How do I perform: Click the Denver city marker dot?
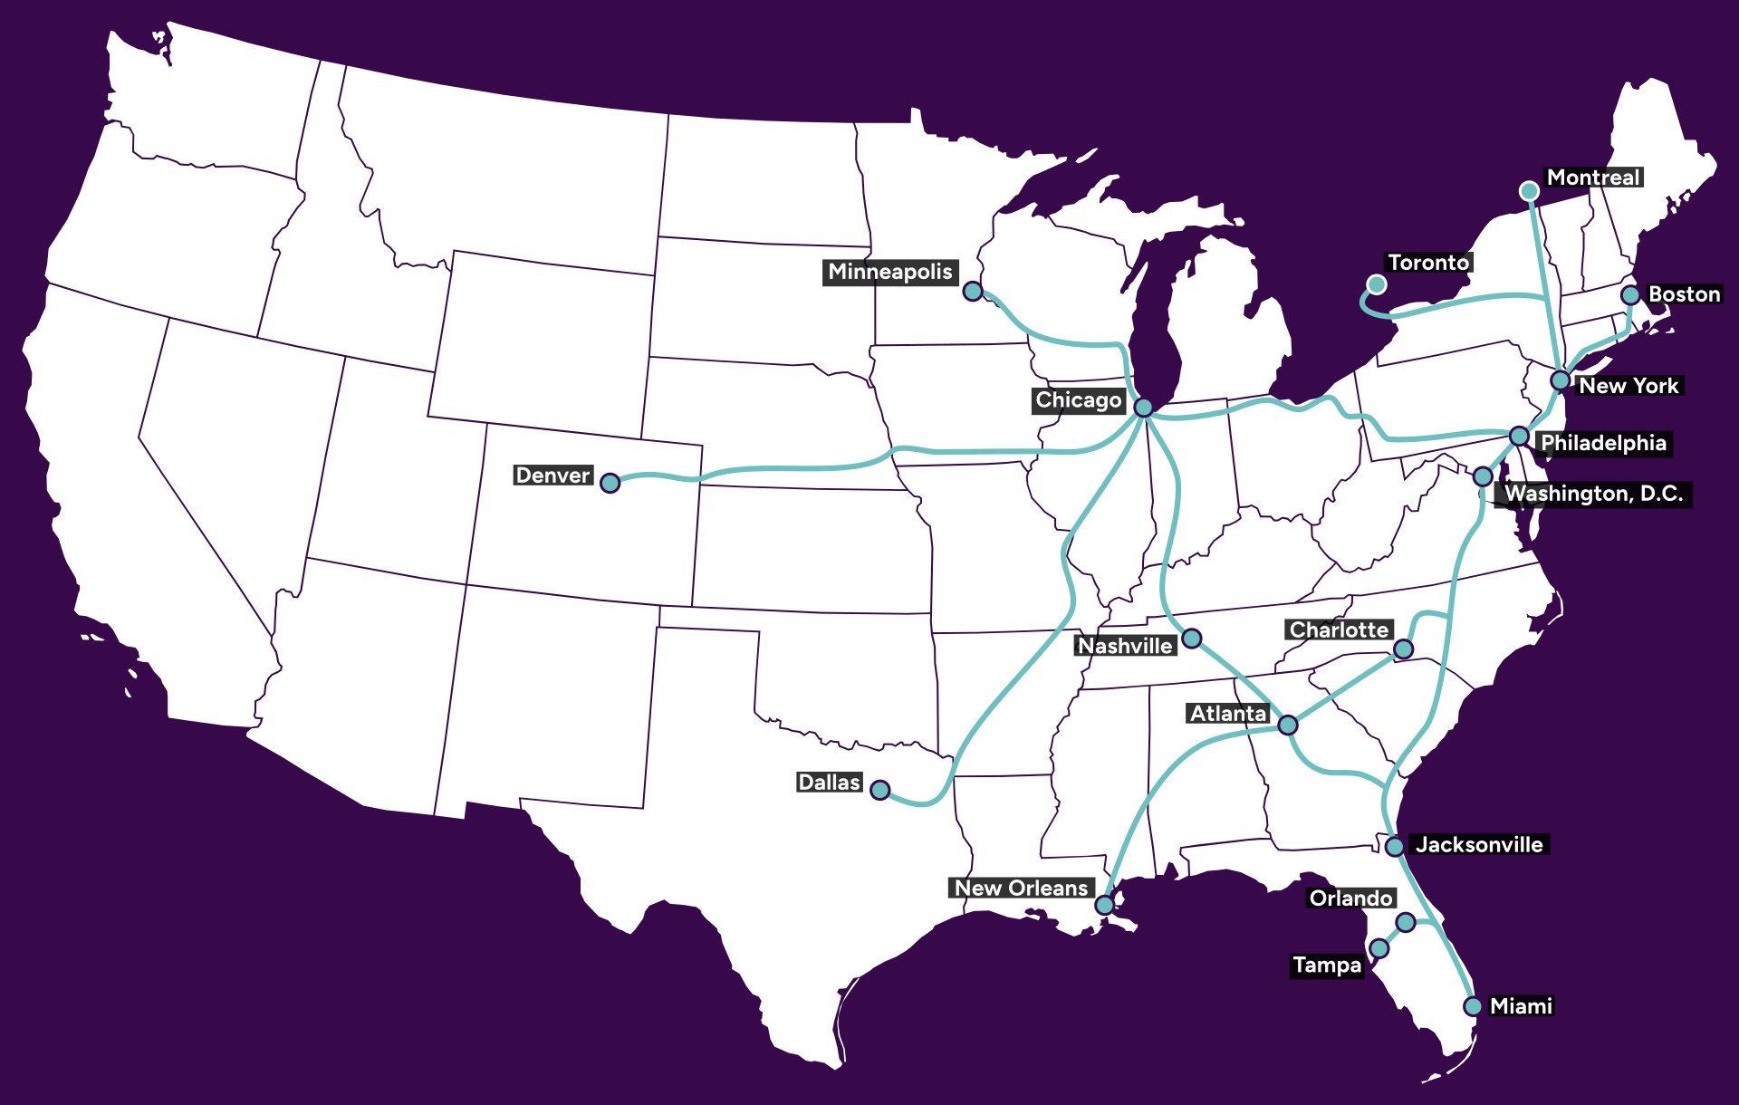click(610, 483)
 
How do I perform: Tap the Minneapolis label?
click(889, 272)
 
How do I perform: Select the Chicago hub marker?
click(1144, 408)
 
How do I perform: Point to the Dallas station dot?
click(879, 790)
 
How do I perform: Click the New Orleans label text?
click(1021, 888)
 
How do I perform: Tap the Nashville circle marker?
click(1192, 639)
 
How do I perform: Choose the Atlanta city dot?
click(1287, 725)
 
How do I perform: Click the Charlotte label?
click(1339, 629)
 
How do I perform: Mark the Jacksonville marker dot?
click(1395, 846)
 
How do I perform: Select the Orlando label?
click(1350, 898)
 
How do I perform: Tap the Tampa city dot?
click(1379, 948)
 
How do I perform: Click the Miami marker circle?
click(1473, 1006)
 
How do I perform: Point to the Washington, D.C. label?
click(1593, 494)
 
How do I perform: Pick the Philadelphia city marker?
click(1519, 437)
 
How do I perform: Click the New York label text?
click(1629, 386)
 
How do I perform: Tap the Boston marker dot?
click(1630, 294)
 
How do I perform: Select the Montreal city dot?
click(1529, 190)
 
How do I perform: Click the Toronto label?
click(1428, 263)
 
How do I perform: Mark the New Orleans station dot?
click(1104, 905)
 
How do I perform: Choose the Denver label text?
click(552, 476)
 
